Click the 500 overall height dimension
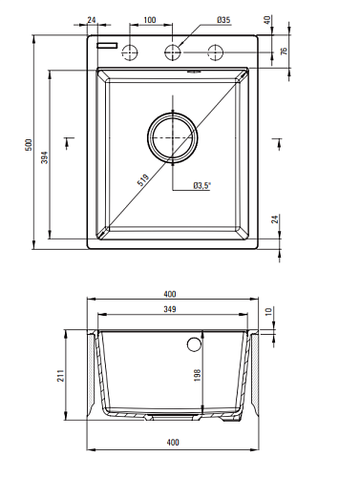coord(29,145)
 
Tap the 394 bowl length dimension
coord(45,157)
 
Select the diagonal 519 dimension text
coord(143,180)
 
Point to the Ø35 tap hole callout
coord(223,20)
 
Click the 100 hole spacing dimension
coord(150,20)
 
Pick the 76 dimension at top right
coord(284,51)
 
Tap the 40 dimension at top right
coord(267,20)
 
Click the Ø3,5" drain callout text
coord(202,185)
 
